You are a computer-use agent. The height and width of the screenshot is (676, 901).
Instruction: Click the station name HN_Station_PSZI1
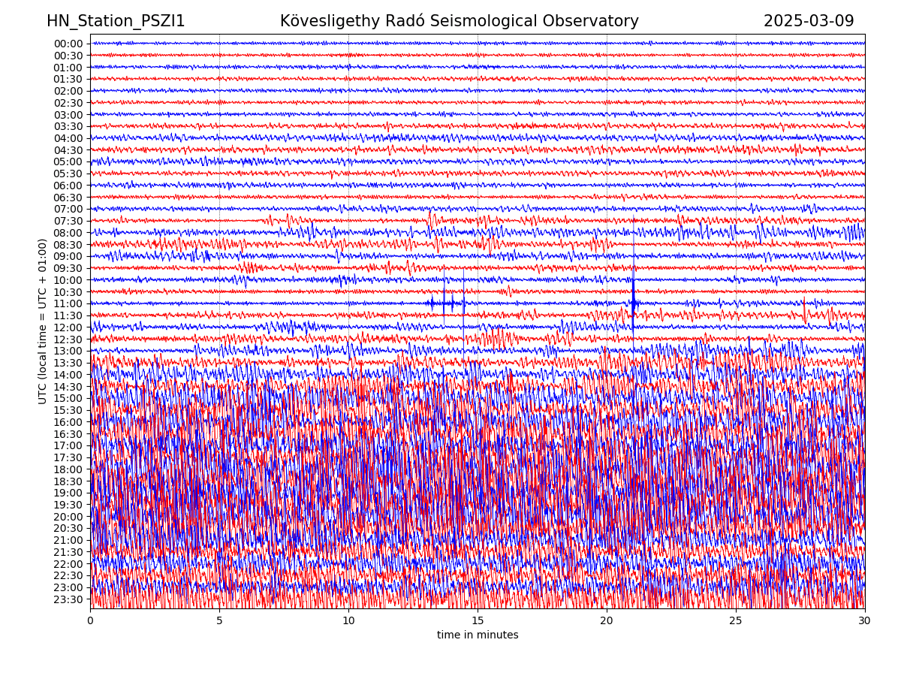coord(116,22)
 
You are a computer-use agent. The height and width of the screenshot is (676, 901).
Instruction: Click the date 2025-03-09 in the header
coord(809,22)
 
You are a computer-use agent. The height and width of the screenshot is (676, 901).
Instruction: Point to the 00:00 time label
coord(68,44)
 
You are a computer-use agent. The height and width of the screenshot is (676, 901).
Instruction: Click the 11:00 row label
coord(68,304)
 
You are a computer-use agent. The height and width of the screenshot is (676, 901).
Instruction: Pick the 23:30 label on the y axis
coord(68,599)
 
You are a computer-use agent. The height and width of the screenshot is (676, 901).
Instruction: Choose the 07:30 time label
coord(68,221)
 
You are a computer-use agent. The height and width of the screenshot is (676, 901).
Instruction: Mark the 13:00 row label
coord(68,352)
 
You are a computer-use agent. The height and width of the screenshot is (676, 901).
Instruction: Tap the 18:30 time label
coord(68,481)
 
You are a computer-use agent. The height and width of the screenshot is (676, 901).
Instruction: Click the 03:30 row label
coord(68,126)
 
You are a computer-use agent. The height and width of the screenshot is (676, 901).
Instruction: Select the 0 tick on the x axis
coord(90,621)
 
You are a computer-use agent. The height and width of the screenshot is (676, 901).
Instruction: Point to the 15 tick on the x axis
coord(478,621)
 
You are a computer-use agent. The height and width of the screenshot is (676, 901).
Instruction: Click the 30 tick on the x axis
coord(864,621)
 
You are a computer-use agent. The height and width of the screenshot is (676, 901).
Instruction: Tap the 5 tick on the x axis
coord(219,621)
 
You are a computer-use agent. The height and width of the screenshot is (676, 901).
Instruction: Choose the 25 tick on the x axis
coord(735,621)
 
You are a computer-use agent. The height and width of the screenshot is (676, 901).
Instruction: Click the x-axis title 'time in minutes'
coord(478,635)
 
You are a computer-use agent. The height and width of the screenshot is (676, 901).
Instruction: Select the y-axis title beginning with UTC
coord(43,321)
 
